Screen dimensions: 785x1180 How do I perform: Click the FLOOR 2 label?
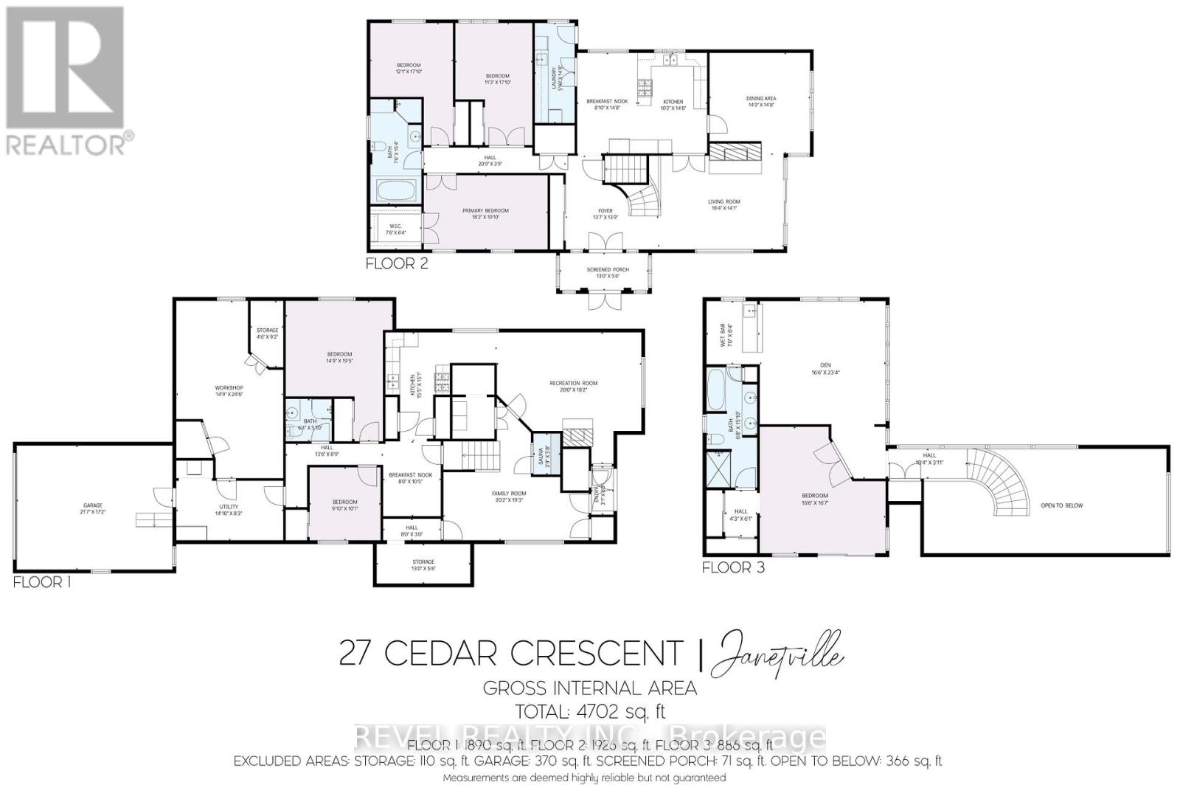(x=397, y=263)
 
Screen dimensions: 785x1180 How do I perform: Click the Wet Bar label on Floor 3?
(x=724, y=336)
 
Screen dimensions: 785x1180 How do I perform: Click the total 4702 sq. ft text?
(x=589, y=711)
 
